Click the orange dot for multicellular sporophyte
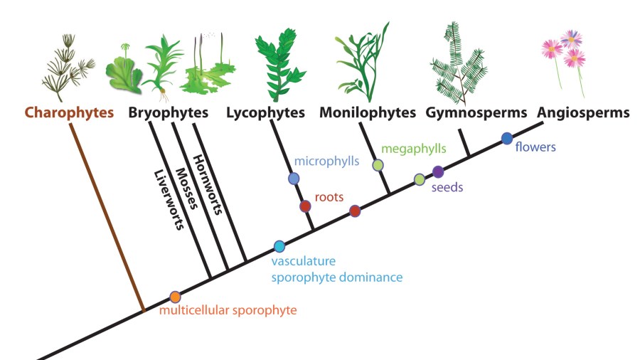(175, 297)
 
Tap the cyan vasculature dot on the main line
(279, 246)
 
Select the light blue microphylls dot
(294, 179)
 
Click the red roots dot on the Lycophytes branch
(305, 206)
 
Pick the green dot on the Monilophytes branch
(378, 165)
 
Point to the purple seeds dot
(438, 171)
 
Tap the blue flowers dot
(507, 137)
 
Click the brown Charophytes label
(69, 112)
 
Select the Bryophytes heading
(169, 112)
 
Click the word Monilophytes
(368, 112)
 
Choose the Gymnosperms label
(476, 112)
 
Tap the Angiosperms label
(583, 112)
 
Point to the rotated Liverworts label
(169, 201)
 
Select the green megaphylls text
(414, 149)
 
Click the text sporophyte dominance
(337, 277)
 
